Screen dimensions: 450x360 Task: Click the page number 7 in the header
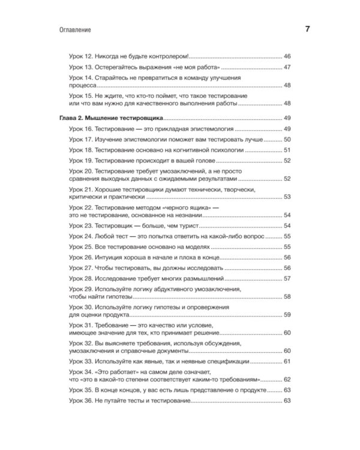(307, 29)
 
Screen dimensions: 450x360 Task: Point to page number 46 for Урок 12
(287, 56)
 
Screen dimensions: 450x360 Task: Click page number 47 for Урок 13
(287, 67)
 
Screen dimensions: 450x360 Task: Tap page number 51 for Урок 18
(287, 150)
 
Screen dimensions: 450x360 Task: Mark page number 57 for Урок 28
(287, 279)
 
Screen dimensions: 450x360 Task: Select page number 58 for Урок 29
(287, 297)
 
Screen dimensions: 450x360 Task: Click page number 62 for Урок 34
(287, 380)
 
